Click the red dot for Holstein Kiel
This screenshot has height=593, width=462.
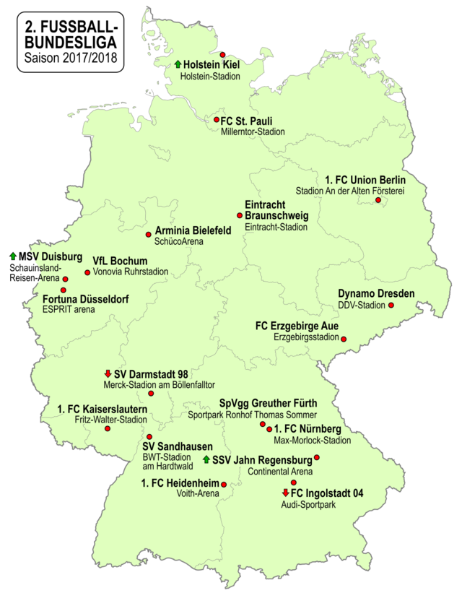pos(223,54)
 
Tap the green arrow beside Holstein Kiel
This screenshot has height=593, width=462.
pos(178,65)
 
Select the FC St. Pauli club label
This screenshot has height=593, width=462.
pos(248,121)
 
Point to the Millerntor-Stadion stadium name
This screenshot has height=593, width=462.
pos(253,132)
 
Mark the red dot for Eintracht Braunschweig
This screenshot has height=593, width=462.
pos(240,215)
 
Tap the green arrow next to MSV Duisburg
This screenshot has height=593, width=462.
pos(12,256)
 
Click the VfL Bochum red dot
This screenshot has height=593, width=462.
pos(87,272)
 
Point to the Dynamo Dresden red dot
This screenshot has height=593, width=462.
pos(392,305)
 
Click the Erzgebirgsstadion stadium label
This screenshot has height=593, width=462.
pos(306,337)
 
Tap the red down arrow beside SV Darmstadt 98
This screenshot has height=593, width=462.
pos(108,374)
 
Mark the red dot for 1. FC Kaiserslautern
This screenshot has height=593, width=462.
pos(108,428)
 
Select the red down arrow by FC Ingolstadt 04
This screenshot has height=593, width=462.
pos(286,493)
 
